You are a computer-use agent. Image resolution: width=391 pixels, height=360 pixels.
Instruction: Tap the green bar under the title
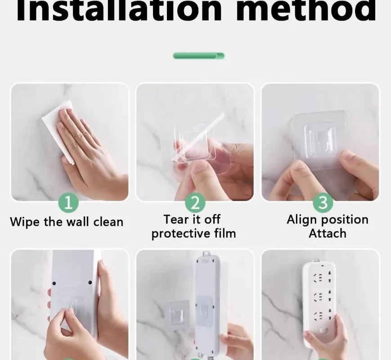pos(199,56)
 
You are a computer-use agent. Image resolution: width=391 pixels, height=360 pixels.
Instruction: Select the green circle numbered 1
pos(68,202)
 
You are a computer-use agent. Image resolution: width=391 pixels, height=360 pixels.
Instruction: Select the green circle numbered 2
pos(195,202)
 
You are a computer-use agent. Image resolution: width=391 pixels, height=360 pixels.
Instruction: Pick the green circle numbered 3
pos(323,202)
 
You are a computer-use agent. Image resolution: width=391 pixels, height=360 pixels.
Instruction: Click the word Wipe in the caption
pos(24,222)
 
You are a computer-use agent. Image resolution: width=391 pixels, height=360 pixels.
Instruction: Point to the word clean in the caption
pos(108,221)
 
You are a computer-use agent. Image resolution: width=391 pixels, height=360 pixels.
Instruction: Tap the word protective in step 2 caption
pos(181,234)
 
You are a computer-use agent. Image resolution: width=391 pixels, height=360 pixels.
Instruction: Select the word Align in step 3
pos(302,220)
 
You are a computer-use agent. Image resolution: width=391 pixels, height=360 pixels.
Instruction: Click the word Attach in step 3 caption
pos(328,234)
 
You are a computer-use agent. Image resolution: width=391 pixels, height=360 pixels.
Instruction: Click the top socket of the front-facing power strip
pos(322,277)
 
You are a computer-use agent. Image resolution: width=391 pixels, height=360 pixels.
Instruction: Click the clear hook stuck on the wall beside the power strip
pos(177,315)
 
